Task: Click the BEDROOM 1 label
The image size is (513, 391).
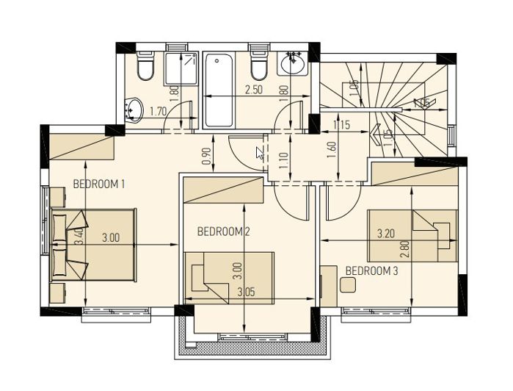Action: [x=99, y=184]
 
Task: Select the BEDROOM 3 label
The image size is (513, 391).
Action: [x=371, y=270]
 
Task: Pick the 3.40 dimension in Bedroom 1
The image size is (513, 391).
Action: [x=79, y=236]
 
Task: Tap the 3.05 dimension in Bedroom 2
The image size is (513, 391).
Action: [x=247, y=292]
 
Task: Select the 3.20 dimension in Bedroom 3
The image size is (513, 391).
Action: [x=387, y=234]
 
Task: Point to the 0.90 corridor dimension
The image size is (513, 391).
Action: [x=206, y=157]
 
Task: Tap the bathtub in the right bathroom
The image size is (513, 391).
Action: [x=219, y=90]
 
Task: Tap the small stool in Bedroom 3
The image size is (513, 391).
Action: [x=350, y=282]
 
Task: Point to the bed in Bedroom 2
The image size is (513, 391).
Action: [x=230, y=275]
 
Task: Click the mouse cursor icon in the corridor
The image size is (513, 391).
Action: [x=260, y=153]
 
